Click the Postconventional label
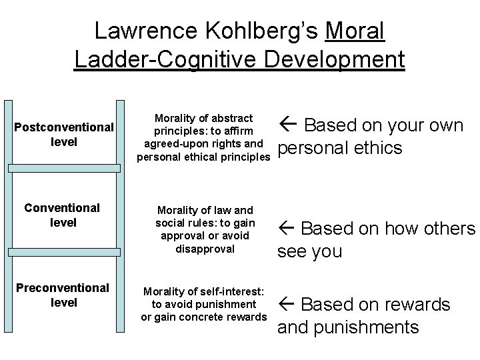[63, 127]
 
